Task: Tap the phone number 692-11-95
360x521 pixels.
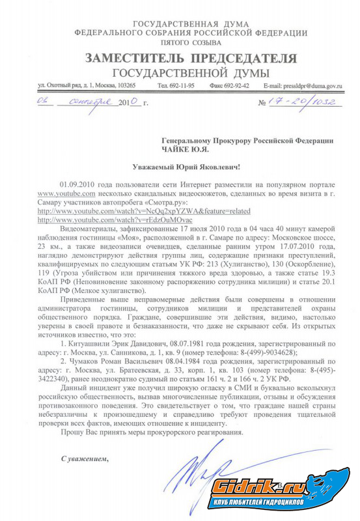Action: (x=176, y=85)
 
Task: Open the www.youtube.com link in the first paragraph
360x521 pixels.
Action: (x=66, y=194)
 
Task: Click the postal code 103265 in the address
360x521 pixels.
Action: (x=122, y=85)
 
